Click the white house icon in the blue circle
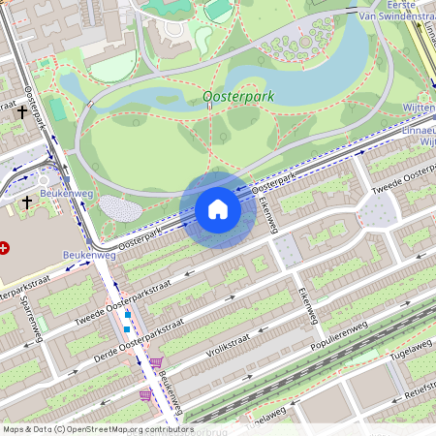tap(218, 209)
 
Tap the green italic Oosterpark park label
tap(239, 98)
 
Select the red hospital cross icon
tap(5, 248)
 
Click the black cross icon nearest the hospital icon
tap(27, 202)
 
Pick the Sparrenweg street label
tap(33, 319)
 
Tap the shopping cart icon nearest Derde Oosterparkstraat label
tap(156, 362)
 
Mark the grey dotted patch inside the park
tap(120, 208)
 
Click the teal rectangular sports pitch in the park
tap(57, 109)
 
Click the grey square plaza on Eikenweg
tap(285, 253)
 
